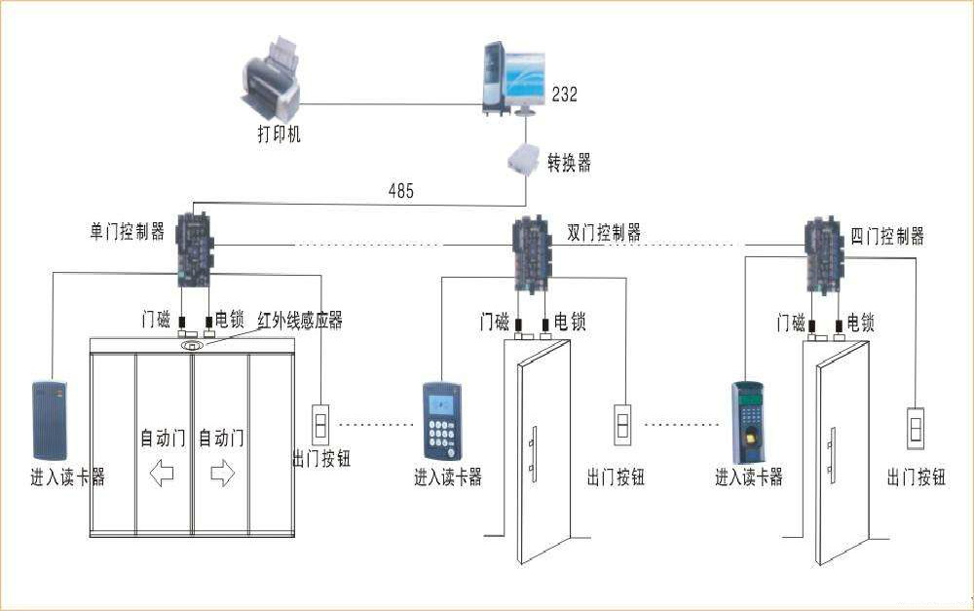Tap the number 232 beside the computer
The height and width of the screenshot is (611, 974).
click(565, 95)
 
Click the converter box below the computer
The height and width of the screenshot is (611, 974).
click(523, 159)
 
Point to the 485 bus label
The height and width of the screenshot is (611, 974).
click(400, 191)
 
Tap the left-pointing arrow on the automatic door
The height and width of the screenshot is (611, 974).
click(161, 474)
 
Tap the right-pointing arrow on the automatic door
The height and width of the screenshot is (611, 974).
click(223, 474)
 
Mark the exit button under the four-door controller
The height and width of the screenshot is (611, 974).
click(916, 428)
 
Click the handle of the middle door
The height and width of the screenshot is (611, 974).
click(532, 455)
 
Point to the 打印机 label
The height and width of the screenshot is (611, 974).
click(280, 134)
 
